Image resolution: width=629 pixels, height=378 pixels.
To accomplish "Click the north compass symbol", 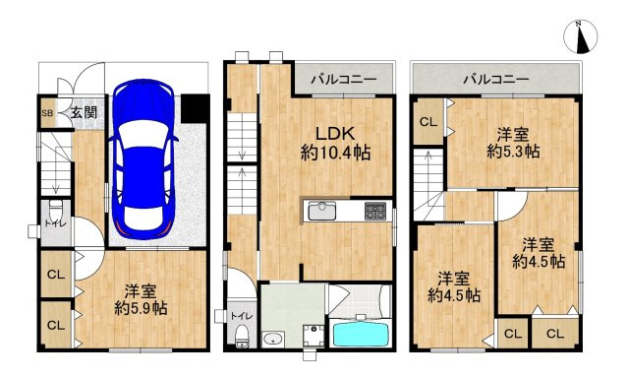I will pyautogui.click(x=582, y=38).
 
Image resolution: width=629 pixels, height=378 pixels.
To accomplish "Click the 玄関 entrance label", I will pyautogui.click(x=83, y=113).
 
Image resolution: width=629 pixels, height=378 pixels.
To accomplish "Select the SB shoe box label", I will pyautogui.click(x=46, y=113).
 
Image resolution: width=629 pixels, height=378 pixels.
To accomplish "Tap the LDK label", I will pyautogui.click(x=333, y=133).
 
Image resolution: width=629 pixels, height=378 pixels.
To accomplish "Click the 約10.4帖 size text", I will pyautogui.click(x=333, y=153).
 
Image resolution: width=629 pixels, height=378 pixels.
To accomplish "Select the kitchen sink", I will pyautogui.click(x=322, y=211).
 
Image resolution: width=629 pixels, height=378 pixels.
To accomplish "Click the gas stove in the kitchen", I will pyautogui.click(x=375, y=211).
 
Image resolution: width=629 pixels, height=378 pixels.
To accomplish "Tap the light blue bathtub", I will pyautogui.click(x=361, y=334).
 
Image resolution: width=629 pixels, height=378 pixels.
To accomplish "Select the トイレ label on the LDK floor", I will pyautogui.click(x=238, y=317).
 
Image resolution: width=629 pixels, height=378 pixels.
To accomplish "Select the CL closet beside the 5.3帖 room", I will pyautogui.click(x=428, y=122).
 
